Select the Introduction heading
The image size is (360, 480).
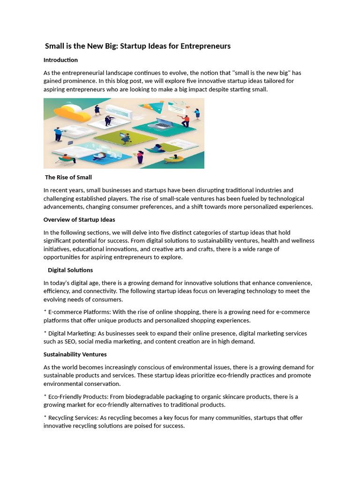pyautogui.click(x=60, y=60)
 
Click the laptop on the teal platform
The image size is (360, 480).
pyautogui.click(x=164, y=124)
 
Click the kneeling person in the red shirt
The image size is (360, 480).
pyautogui.click(x=186, y=120)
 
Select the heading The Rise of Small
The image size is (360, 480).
pyautogui.click(x=68, y=177)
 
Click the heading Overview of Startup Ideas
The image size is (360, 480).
pyautogui.click(x=79, y=219)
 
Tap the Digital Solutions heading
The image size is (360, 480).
pyautogui.click(x=70, y=270)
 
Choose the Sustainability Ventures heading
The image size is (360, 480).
pyautogui.click(x=75, y=354)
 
